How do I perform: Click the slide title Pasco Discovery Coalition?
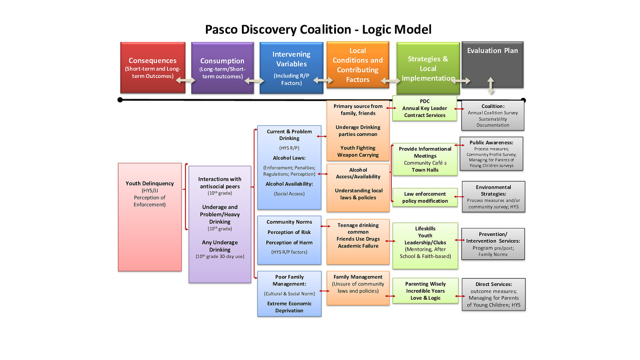click(318, 30)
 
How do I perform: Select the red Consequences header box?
click(152, 67)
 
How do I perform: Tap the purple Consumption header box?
click(222, 67)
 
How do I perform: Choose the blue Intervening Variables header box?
click(291, 67)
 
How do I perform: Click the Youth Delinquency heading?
click(150, 183)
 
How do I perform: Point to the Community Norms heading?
click(289, 222)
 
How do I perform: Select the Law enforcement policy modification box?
click(425, 197)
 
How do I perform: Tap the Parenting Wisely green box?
click(425, 291)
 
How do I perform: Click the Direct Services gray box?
click(494, 294)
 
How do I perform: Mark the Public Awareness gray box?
click(491, 154)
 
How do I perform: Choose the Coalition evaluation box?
click(493, 115)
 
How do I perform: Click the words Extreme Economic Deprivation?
click(289, 307)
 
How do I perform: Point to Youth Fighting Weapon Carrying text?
click(358, 151)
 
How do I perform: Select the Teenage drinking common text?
click(358, 228)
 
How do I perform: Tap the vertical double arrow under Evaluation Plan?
click(491, 85)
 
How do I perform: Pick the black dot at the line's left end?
click(120, 100)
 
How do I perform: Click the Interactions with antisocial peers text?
click(220, 182)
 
